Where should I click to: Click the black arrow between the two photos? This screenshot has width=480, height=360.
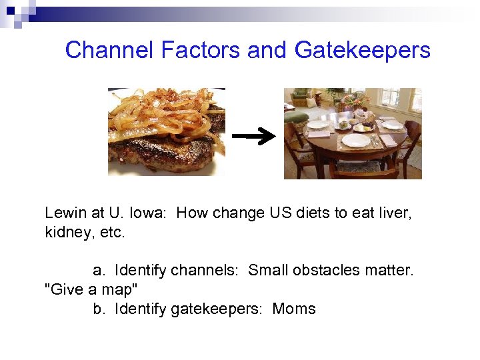point(253,137)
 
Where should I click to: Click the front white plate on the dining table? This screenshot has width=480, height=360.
point(355,141)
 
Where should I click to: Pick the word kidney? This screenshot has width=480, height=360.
point(65,234)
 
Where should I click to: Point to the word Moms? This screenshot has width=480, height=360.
point(294,309)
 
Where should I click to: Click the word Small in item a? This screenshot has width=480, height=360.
point(267,271)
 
